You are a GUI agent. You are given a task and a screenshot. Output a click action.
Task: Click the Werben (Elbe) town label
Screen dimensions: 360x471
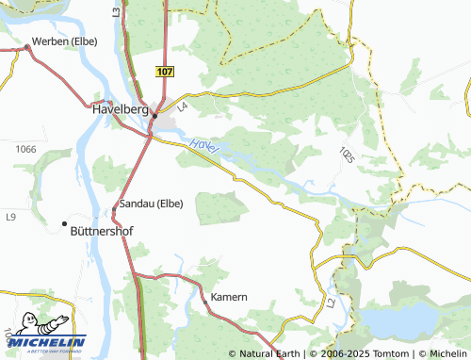click(68, 41)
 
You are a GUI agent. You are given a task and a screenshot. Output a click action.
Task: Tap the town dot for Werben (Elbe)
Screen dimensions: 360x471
click(26, 48)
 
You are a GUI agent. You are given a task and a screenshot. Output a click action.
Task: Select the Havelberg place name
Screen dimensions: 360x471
click(122, 108)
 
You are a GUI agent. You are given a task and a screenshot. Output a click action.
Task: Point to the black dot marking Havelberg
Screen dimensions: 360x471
click(154, 116)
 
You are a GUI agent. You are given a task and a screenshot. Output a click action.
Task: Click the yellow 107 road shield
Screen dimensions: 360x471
click(165, 72)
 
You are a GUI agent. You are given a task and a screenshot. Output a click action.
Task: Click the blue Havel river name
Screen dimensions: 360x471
click(204, 146)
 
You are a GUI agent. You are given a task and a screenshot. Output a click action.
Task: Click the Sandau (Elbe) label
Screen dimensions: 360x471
click(151, 203)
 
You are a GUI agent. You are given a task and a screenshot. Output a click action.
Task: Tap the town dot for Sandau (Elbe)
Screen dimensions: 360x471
click(115, 208)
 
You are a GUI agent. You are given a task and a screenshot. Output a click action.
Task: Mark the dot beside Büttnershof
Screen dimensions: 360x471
click(65, 223)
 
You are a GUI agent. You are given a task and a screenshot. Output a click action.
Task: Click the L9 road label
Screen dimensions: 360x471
click(10, 218)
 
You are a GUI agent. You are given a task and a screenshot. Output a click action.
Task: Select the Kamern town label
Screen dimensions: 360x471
click(228, 297)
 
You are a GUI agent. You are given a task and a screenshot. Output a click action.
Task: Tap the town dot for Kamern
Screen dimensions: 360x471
click(205, 302)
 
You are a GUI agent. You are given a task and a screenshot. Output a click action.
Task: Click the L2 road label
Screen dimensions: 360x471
click(331, 303)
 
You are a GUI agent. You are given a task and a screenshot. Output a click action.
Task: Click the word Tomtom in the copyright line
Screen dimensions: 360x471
click(391, 353)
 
